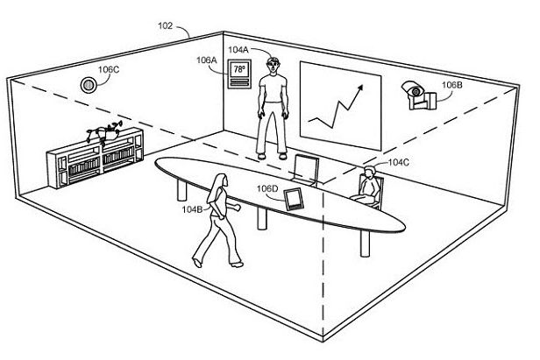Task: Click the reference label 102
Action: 165,25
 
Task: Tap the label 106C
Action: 109,69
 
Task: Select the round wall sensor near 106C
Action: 89,85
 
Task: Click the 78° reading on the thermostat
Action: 239,69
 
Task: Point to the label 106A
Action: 207,60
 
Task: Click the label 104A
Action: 238,50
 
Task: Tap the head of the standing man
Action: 272,65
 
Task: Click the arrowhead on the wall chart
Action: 359,88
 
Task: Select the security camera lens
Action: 416,92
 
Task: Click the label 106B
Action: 452,85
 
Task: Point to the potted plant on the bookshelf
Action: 104,132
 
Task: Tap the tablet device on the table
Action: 294,199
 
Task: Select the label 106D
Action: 267,189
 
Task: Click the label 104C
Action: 399,162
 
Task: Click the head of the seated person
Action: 369,172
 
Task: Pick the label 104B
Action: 192,209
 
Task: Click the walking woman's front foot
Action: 238,265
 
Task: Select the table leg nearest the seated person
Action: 365,243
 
